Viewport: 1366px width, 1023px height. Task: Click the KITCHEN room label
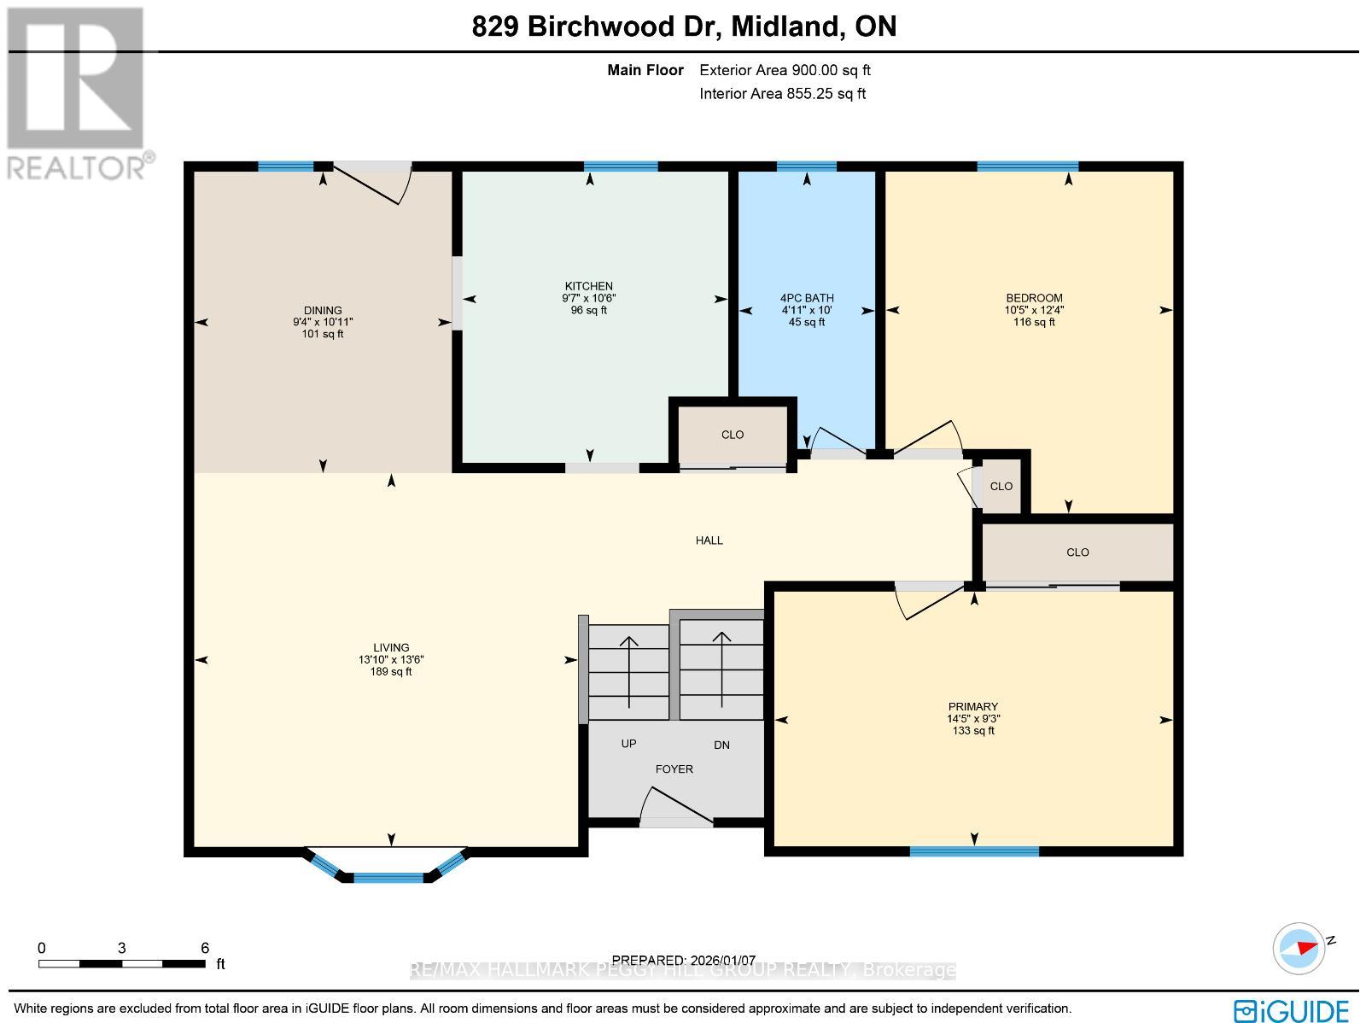589,286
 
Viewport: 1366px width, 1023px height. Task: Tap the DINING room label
323,310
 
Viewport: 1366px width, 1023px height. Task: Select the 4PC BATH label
807,298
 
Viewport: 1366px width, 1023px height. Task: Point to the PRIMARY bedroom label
972,706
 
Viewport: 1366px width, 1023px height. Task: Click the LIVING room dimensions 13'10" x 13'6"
391,659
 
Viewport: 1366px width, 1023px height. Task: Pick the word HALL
709,541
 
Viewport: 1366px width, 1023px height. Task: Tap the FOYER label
674,769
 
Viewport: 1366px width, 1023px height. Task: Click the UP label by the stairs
628,744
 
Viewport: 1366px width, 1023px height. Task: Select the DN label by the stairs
721,745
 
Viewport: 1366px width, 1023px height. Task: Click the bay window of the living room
386,866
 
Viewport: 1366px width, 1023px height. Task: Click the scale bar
122,964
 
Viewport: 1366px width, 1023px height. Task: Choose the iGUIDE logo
1292,1009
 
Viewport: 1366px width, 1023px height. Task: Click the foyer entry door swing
676,807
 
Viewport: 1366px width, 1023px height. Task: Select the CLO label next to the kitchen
733,435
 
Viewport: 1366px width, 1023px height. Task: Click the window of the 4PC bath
806,167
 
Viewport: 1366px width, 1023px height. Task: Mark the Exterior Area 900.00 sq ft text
785,70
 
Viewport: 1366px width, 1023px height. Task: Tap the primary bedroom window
974,851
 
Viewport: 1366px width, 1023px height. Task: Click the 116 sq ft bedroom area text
1034,322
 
